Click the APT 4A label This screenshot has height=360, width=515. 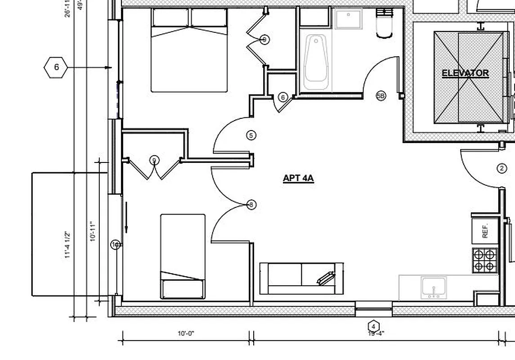(298, 178)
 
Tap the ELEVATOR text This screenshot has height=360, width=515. (465, 73)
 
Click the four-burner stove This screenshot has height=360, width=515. (485, 260)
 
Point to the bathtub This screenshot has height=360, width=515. (316, 63)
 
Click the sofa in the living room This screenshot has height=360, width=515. (301, 278)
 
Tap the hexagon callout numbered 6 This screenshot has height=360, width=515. (56, 67)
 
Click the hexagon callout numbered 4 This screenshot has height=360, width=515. (373, 326)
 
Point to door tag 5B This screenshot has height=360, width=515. (381, 96)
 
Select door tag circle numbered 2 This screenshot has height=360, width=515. (502, 169)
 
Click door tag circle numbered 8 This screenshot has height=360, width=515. (251, 205)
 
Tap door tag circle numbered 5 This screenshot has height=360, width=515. (251, 135)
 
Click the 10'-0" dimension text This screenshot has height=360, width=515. (186, 334)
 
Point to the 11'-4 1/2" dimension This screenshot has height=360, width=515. (68, 245)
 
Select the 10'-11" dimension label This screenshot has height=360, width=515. (93, 231)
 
